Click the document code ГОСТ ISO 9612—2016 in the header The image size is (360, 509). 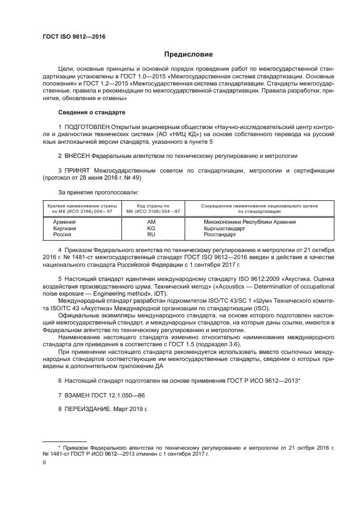[74, 37]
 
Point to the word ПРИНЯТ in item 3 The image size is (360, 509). [80, 170]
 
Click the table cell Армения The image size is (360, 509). [64, 222]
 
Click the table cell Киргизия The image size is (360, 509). [65, 229]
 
